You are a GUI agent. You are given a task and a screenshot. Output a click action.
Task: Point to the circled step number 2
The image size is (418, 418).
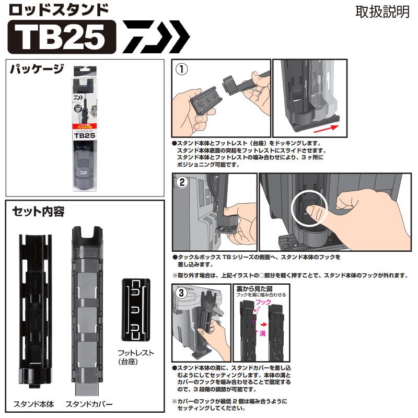click(182, 183)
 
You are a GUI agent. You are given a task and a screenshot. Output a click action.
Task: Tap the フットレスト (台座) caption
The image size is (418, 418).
click(135, 357)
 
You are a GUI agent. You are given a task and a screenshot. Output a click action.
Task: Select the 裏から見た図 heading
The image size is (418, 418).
click(261, 288)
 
